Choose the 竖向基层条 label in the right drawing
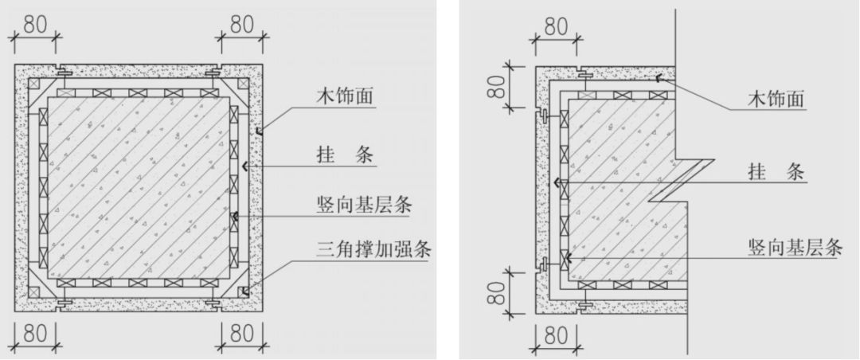click(796, 247)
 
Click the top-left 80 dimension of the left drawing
click(35, 24)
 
